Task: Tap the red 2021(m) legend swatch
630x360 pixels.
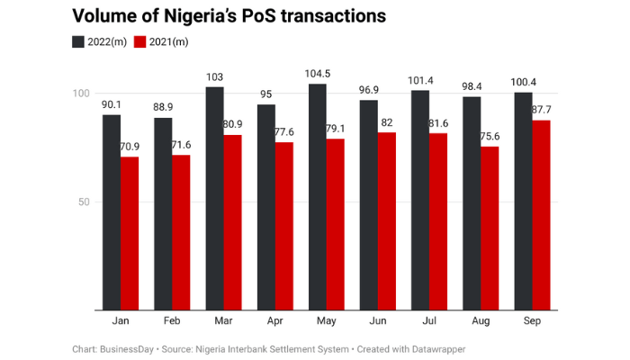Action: tap(139, 41)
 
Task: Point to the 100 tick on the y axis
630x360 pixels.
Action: tap(82, 94)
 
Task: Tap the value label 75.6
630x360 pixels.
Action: tap(491, 136)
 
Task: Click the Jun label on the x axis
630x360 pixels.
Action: tap(378, 320)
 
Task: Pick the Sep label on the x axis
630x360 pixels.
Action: tap(532, 320)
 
